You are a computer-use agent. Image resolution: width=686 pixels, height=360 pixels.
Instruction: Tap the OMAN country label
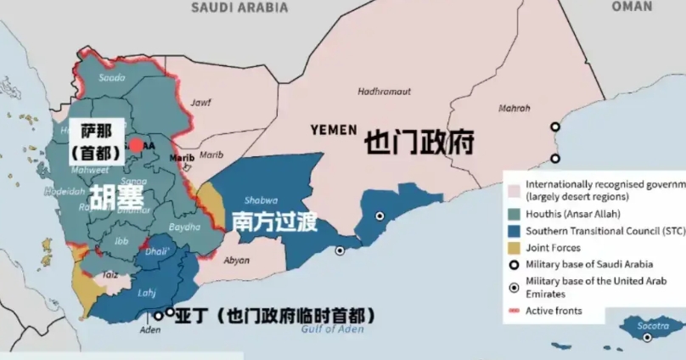pyautogui.click(x=633, y=6)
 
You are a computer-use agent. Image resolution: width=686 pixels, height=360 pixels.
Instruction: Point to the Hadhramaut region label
pyautogui.click(x=384, y=91)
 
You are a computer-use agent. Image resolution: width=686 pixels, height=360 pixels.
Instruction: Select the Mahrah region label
pyautogui.click(x=514, y=109)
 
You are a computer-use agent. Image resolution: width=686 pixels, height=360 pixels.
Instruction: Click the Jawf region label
pyautogui.click(x=200, y=103)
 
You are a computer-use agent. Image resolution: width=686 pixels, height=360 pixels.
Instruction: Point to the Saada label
pyautogui.click(x=112, y=77)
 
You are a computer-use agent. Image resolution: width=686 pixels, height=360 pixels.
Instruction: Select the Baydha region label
pyautogui.click(x=185, y=227)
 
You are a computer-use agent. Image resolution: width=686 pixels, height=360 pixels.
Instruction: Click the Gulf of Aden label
pyautogui.click(x=328, y=331)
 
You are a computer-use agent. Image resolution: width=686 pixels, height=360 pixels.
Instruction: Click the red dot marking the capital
pyautogui.click(x=136, y=145)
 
